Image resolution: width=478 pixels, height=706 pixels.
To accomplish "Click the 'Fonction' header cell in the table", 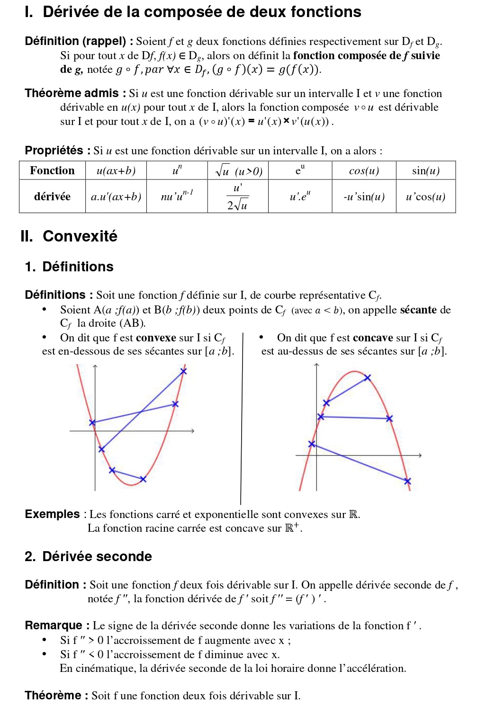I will (52, 170).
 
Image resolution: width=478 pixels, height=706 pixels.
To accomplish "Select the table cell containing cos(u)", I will (364, 171).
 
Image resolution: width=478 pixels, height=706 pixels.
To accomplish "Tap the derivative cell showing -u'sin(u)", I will (364, 197).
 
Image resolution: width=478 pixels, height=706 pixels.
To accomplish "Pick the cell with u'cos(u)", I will (425, 197).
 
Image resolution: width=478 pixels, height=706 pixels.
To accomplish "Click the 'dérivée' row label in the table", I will (52, 197).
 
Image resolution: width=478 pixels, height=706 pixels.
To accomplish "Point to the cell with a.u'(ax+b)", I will (116, 197).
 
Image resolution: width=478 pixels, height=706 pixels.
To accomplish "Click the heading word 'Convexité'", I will (80, 236).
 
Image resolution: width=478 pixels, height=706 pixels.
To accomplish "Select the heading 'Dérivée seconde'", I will (97, 556).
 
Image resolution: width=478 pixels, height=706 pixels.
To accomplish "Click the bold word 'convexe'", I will (156, 338).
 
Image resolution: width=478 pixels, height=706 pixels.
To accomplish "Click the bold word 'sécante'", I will (418, 310).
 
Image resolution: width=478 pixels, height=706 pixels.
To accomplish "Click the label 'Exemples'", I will (52, 514).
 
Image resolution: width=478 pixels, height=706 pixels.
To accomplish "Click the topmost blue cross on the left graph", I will (183, 371).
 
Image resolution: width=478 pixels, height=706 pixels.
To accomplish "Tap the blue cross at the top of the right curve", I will (368, 377).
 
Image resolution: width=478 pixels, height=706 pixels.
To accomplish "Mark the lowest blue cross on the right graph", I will (407, 481).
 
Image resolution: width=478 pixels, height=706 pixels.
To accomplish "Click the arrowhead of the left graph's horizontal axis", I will (193, 431).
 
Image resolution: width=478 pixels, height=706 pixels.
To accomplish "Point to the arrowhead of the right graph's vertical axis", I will (316, 365).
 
